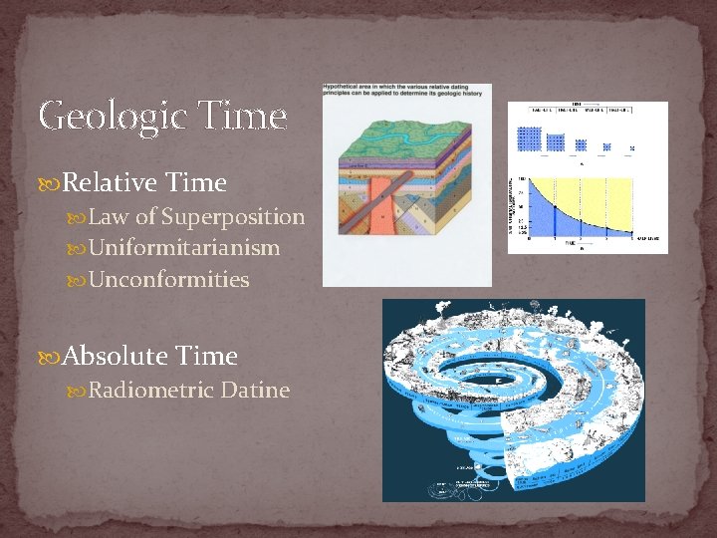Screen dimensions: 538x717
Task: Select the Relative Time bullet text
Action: [145, 183]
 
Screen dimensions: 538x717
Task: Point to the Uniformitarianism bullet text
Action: [184, 248]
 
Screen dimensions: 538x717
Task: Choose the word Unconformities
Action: [169, 280]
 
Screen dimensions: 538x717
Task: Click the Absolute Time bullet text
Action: [150, 356]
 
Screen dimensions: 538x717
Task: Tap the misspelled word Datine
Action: [258, 390]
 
